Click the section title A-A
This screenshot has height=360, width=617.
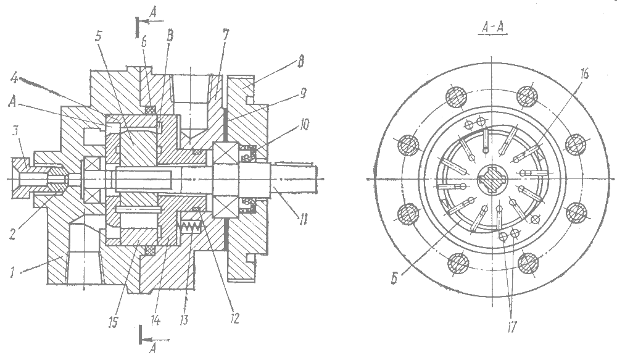tap(492, 29)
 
